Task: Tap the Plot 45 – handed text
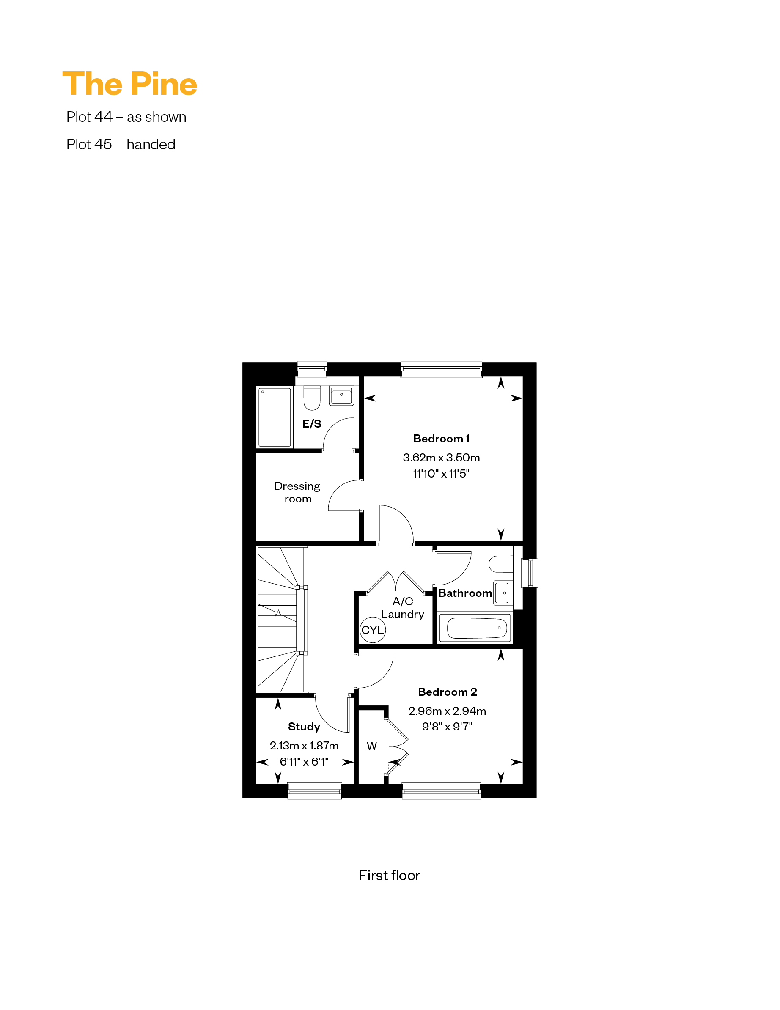click(121, 144)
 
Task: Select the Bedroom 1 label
click(441, 439)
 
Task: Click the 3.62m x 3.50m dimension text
click(441, 457)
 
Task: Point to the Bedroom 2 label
click(448, 692)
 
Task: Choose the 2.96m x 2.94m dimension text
click(447, 711)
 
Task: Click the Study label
click(304, 727)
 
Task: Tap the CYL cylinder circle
click(372, 630)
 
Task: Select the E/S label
click(312, 424)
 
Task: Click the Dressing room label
click(297, 492)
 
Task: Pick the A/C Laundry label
click(403, 608)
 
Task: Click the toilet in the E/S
click(312, 398)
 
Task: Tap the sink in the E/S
click(341, 396)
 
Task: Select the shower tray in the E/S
click(275, 417)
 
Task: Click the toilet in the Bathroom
click(500, 564)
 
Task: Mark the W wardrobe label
click(371, 746)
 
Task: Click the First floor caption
click(390, 876)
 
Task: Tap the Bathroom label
click(465, 593)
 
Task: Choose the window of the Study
click(315, 791)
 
